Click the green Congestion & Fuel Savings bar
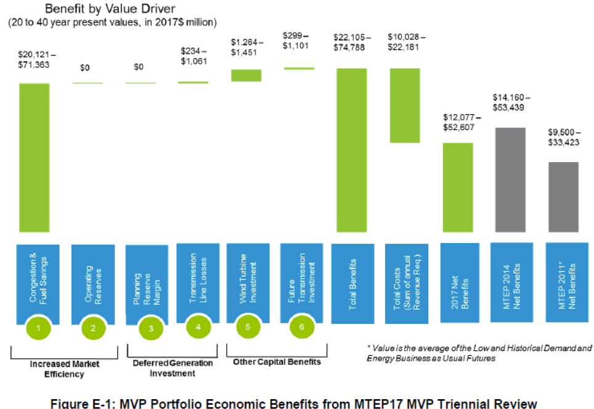tap(34, 157)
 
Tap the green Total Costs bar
tap(405, 105)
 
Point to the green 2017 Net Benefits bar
tap(457, 188)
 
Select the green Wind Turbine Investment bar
tap(246, 75)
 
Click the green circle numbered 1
tap(38, 328)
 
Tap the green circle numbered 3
tap(151, 328)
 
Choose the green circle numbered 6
tap(301, 328)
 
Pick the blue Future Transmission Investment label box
tap(301, 281)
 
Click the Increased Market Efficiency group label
tap(65, 368)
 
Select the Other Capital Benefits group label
tap(277, 362)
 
